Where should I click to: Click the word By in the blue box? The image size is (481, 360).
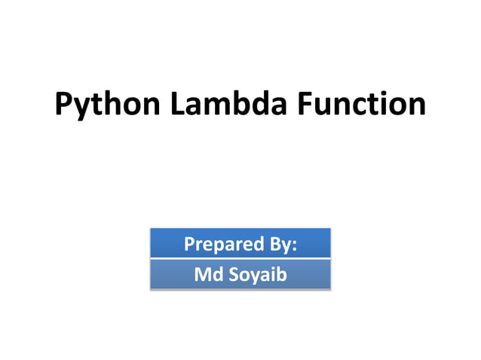pos(278,245)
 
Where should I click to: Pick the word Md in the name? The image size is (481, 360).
pos(207,274)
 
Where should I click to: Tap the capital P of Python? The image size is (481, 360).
pos(64,104)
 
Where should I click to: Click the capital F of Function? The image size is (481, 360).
pos(305,104)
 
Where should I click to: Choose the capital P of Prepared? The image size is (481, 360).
pos(189,245)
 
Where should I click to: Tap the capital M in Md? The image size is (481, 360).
pos(201,274)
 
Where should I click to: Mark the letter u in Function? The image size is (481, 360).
pos(323,106)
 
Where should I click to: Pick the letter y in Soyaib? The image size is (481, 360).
pos(253,277)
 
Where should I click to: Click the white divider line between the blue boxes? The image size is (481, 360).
pos(240,259)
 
